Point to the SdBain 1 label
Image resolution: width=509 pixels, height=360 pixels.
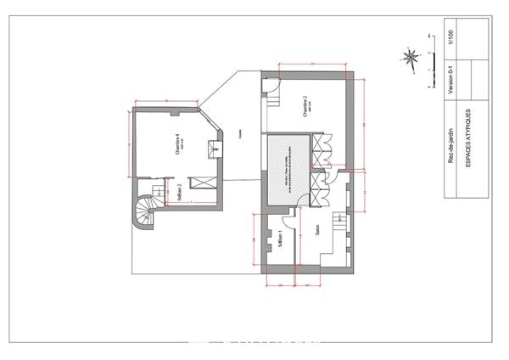coord(279,242)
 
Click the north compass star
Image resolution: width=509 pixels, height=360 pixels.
coord(411,58)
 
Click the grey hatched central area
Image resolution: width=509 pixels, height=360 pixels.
coord(287,166)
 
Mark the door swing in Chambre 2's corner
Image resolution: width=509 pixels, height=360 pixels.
coord(271,85)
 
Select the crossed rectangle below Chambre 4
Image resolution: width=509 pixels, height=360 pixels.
coord(203,180)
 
